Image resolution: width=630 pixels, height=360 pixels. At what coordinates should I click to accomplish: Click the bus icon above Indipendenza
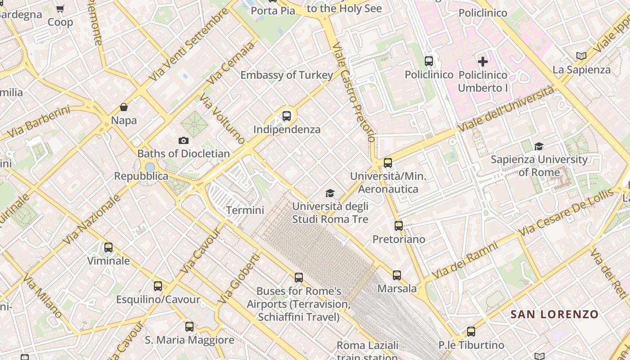click(287, 116)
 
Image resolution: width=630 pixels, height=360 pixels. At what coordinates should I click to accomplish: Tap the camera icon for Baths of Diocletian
click(183, 141)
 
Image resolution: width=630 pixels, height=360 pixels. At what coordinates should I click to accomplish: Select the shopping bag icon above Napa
click(124, 107)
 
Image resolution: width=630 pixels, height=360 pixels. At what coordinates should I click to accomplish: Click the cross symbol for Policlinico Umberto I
click(483, 61)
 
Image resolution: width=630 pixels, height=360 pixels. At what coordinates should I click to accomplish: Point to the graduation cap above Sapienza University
click(539, 146)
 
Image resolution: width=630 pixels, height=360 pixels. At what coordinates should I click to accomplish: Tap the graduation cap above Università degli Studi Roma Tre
click(330, 193)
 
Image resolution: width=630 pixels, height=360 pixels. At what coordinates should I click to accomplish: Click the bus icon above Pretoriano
click(399, 226)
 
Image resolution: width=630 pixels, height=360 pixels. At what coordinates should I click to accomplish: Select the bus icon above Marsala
click(396, 275)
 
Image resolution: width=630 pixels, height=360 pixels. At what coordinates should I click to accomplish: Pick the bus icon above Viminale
click(108, 247)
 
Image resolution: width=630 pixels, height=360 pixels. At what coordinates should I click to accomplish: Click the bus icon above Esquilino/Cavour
click(158, 286)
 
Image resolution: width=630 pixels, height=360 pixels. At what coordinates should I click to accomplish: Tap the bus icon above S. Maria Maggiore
click(189, 327)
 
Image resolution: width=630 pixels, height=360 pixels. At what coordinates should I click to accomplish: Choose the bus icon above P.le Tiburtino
click(471, 332)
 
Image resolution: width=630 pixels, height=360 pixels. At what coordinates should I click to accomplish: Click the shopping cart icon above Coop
click(60, 9)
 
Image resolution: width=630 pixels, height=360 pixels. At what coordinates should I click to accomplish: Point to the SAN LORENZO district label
click(554, 314)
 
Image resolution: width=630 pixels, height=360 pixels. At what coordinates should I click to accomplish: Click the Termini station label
click(245, 210)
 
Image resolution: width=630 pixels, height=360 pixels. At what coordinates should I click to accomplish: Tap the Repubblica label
click(141, 176)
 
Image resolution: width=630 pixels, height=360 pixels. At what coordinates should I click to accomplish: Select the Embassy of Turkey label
click(287, 75)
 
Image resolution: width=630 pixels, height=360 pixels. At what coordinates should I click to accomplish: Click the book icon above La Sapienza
click(581, 56)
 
